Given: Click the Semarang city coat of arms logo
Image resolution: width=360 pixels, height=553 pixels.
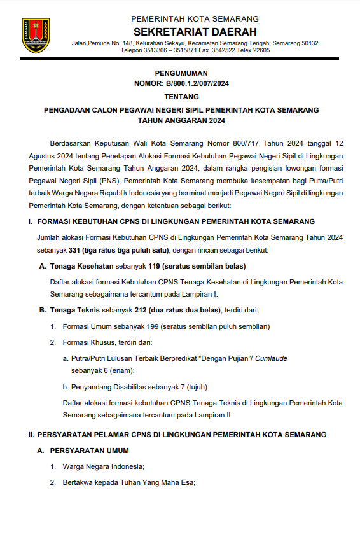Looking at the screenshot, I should tap(35, 35).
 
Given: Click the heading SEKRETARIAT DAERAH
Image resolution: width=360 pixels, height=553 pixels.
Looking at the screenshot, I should tap(195, 32).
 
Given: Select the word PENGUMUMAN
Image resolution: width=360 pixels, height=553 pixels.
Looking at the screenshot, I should tap(181, 73).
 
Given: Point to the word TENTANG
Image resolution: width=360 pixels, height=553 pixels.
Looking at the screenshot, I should tap(181, 97).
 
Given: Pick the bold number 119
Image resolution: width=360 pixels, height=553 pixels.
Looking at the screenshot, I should tap(154, 265).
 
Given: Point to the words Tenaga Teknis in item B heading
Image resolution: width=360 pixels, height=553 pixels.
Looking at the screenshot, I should tap(73, 311).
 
